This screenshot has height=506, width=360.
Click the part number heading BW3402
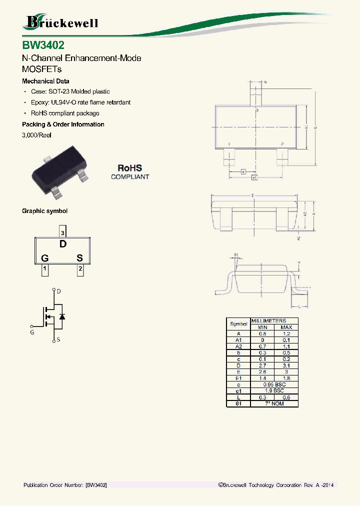click(43, 45)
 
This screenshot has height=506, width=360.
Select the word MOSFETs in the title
click(41, 69)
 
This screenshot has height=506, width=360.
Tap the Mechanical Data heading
click(45, 81)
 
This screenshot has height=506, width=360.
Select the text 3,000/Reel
click(36, 135)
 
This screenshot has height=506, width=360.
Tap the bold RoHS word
click(129, 168)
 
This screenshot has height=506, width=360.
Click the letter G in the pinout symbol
click(45, 258)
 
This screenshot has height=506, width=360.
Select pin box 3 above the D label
click(62, 232)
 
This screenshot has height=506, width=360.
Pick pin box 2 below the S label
click(80, 269)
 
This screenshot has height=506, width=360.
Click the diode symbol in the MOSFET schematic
click(62, 316)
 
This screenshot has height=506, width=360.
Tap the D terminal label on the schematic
click(59, 291)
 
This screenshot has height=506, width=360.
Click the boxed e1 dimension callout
click(254, 177)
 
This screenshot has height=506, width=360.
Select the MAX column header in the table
click(286, 327)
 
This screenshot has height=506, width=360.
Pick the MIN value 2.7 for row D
click(262, 365)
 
